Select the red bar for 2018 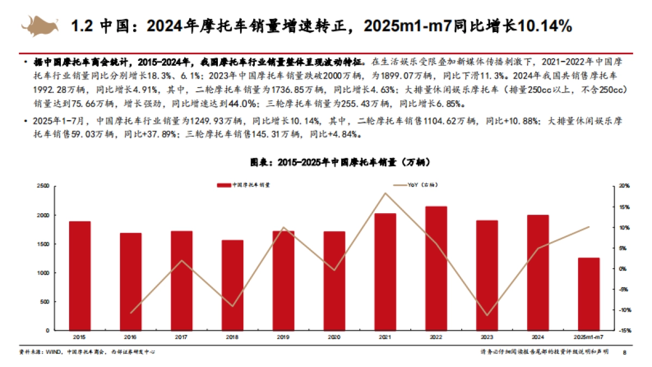click(233, 285)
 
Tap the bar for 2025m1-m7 click(588, 294)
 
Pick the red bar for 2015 click(80, 276)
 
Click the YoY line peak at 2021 click(385, 193)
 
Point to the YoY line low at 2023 click(487, 315)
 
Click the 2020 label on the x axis click(334, 338)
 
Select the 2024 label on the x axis click(538, 338)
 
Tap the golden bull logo click(40, 24)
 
